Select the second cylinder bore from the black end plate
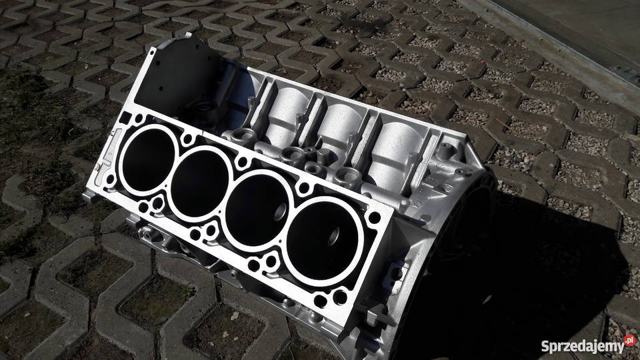point(200,182)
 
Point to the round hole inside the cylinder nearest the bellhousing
point(331,235)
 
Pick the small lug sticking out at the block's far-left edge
point(89,194)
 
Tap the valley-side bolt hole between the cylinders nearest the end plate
point(189,139)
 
